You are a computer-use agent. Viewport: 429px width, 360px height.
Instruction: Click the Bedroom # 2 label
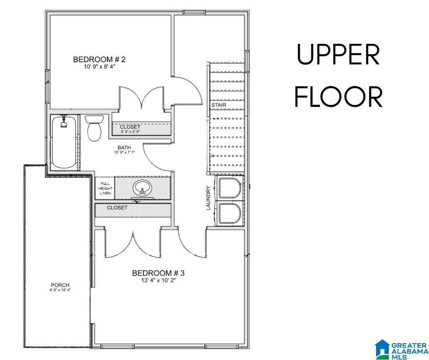click(99, 59)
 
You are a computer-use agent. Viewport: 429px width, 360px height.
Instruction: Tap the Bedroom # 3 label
click(158, 273)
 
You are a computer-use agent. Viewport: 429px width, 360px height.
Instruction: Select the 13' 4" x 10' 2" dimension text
click(158, 281)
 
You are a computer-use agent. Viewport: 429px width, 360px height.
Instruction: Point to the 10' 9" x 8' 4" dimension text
click(99, 67)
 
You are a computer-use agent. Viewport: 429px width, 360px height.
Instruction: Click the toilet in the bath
click(94, 128)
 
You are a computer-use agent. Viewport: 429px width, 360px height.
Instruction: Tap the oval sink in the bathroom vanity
click(142, 188)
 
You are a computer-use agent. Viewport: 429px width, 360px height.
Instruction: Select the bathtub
click(64, 143)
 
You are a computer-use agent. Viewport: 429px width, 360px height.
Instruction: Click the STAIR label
click(219, 105)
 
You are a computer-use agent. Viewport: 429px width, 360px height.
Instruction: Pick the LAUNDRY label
click(208, 198)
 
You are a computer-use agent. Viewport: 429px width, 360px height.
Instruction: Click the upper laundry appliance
click(230, 188)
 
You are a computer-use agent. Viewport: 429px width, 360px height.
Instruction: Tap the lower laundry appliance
click(230, 213)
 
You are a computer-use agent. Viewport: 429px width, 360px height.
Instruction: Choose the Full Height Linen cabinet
click(105, 188)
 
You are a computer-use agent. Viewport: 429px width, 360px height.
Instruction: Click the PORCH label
click(60, 285)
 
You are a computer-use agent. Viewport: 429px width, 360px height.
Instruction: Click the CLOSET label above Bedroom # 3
click(117, 208)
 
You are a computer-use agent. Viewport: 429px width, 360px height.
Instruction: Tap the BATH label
click(124, 148)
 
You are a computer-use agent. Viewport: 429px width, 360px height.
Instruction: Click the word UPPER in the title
click(339, 55)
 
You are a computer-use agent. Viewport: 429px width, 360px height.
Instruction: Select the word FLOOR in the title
click(339, 97)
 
